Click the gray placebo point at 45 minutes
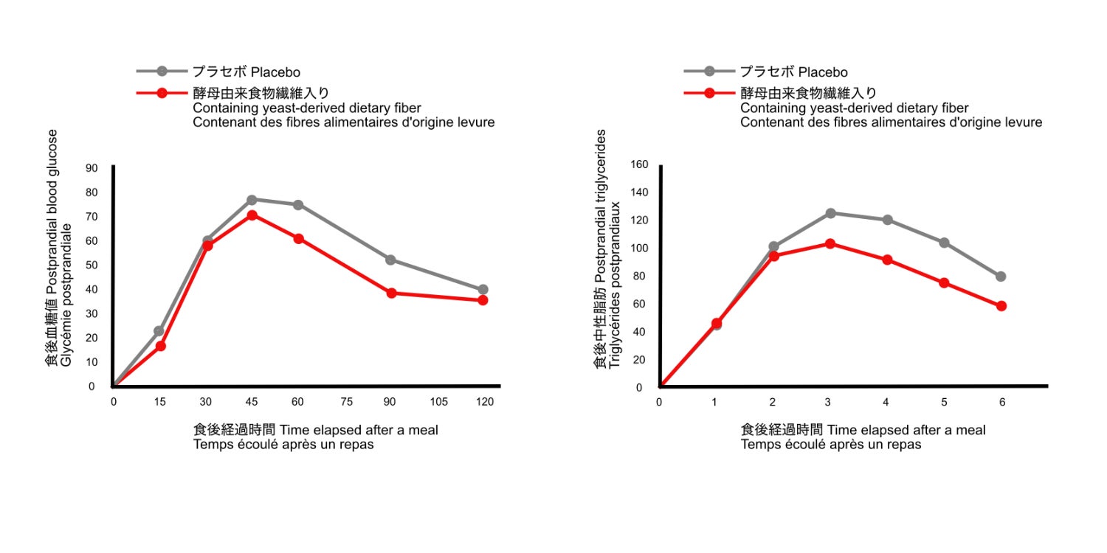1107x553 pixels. pyautogui.click(x=252, y=200)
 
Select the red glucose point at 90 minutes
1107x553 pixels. pyautogui.click(x=391, y=293)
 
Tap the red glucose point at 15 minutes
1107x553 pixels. pyautogui.click(x=160, y=346)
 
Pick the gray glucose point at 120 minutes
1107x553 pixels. pyautogui.click(x=483, y=290)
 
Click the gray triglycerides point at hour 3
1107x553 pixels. pyautogui.click(x=830, y=213)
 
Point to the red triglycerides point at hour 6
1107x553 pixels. pyautogui.click(x=1001, y=306)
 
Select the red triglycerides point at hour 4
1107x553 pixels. pyautogui.click(x=887, y=260)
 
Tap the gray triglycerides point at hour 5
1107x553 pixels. pyautogui.click(x=944, y=243)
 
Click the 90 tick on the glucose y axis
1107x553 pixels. pyautogui.click(x=92, y=167)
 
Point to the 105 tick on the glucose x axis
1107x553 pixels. pyautogui.click(x=438, y=401)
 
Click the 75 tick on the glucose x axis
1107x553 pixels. pyautogui.click(x=345, y=401)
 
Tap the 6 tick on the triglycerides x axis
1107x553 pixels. pyautogui.click(x=1001, y=402)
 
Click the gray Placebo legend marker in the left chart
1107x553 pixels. pyautogui.click(x=162, y=72)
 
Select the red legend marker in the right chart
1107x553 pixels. pyautogui.click(x=709, y=94)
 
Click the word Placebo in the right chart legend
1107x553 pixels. pyautogui.click(x=823, y=72)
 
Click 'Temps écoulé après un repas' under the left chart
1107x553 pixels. pyautogui.click(x=283, y=445)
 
